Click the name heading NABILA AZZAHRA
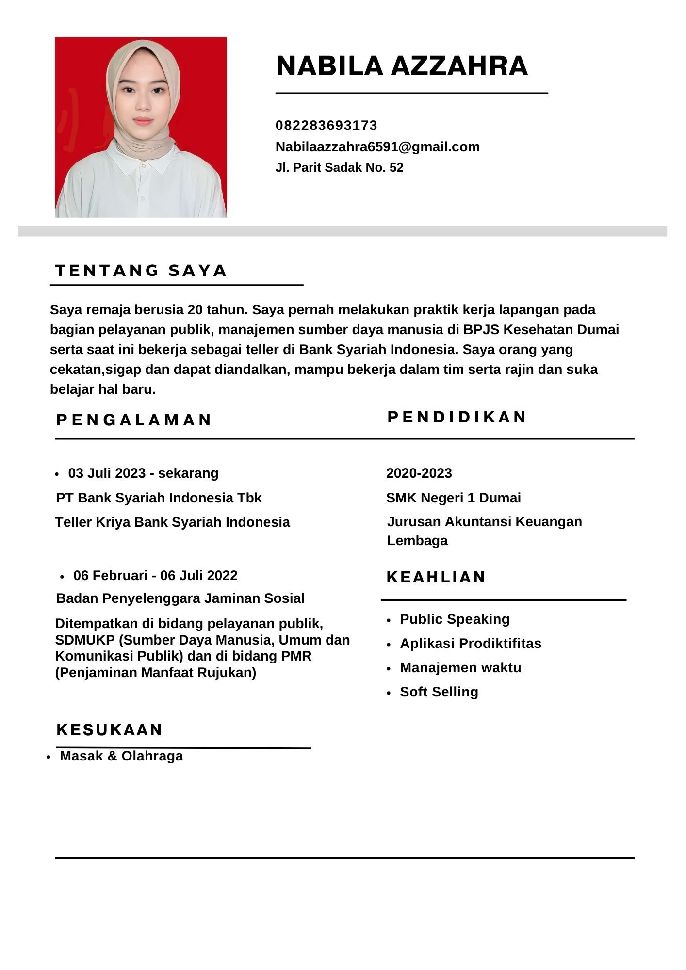coord(402,66)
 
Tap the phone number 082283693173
coord(326,126)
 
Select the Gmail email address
coord(377,146)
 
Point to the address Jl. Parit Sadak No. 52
coord(339,168)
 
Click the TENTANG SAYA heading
coord(141,271)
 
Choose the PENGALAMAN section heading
coord(134,420)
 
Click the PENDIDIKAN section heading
coord(457,417)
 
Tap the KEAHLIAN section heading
coord(436,577)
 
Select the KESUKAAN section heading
coord(110,730)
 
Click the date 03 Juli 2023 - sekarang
coord(143,473)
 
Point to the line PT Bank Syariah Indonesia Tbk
coord(159,498)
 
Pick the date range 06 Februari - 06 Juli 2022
coord(155,576)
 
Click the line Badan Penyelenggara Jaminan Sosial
coord(180,598)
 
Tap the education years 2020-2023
coord(419,473)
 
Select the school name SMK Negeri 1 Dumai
coord(453,498)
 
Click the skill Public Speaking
coord(455,619)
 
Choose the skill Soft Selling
coord(439,692)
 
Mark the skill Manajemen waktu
coord(460,668)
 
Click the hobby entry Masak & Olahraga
coord(121,756)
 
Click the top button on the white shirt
coord(143,165)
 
